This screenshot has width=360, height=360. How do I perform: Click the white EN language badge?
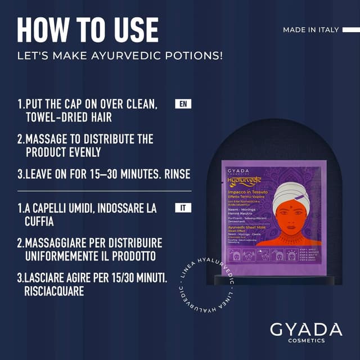click(x=183, y=104)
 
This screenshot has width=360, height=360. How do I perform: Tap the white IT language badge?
click(x=183, y=208)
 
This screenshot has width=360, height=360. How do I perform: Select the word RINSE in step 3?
click(x=175, y=174)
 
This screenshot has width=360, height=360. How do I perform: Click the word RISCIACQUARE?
click(x=54, y=291)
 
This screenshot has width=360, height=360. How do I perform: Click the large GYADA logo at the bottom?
click(x=305, y=328)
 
